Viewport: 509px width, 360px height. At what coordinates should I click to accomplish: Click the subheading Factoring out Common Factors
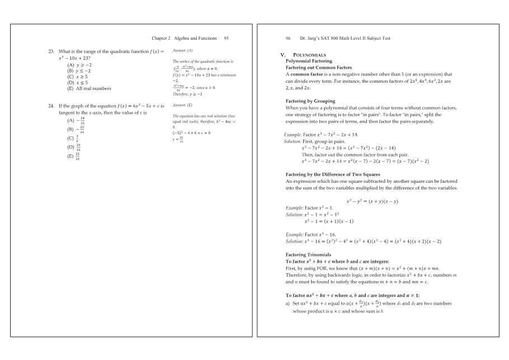pos(319,67)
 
